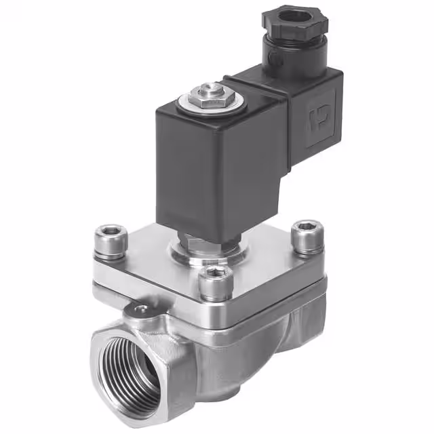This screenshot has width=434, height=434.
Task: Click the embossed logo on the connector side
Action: coord(317,118)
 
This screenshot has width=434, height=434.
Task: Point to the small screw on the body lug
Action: coord(142,311)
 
